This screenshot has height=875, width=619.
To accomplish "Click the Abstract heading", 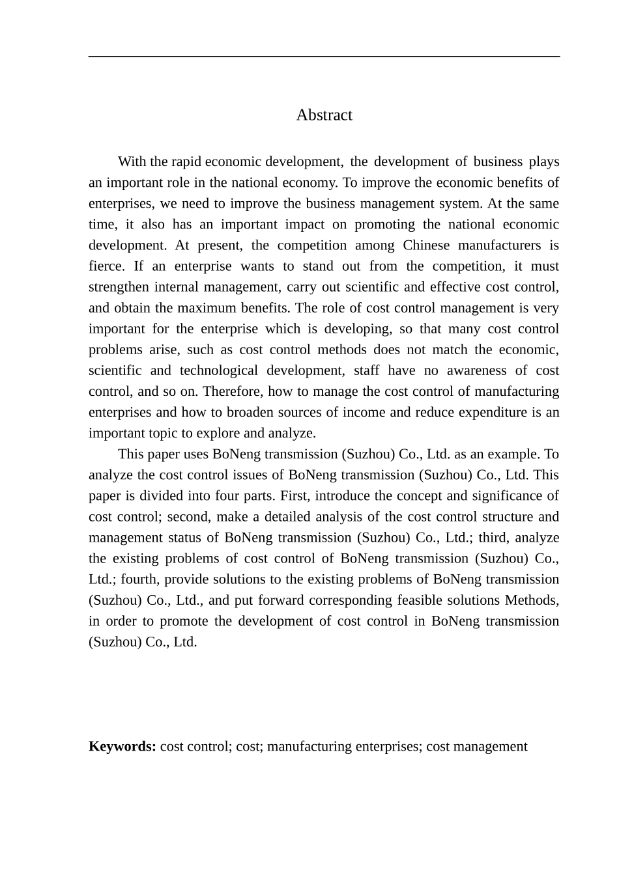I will pos(324,115).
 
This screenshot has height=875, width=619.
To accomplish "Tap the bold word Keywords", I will pos(121,746).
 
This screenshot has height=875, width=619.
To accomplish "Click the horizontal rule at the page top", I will pos(324,57).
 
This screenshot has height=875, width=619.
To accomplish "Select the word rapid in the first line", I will pos(186,161).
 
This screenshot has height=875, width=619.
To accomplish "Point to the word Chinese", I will pos(426,245).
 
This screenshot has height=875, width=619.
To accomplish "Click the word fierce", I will pos(106,266).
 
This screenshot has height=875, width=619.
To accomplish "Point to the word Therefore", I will pos(233,391).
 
